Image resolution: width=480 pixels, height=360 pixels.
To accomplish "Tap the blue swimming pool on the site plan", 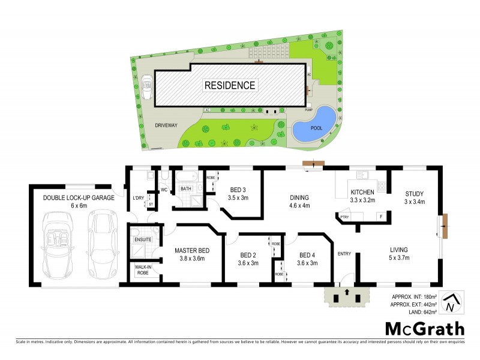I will [314, 124].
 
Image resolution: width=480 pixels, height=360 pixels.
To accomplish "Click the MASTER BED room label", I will [191, 250].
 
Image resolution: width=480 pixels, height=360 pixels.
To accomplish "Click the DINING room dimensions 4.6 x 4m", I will [298, 205].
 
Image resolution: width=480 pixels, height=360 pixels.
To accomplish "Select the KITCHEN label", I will [362, 193].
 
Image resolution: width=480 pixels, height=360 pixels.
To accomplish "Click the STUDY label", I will [414, 193].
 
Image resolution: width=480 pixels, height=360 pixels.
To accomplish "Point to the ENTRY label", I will [344, 254].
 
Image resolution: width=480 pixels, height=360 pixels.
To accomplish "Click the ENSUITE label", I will [143, 239].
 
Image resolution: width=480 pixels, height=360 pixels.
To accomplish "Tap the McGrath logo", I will [424, 328].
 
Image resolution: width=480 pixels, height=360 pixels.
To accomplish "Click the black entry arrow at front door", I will [346, 294].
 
